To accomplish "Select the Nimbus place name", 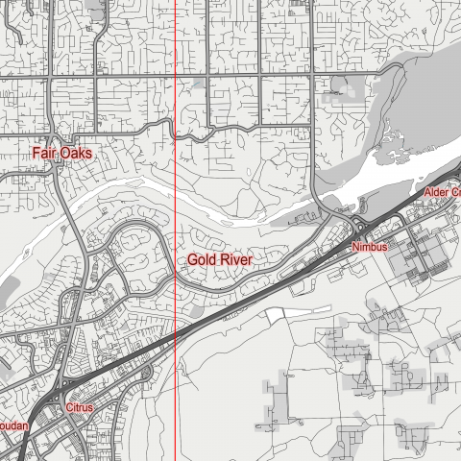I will pos(369,248).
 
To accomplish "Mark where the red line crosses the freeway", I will pos(177,335).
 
